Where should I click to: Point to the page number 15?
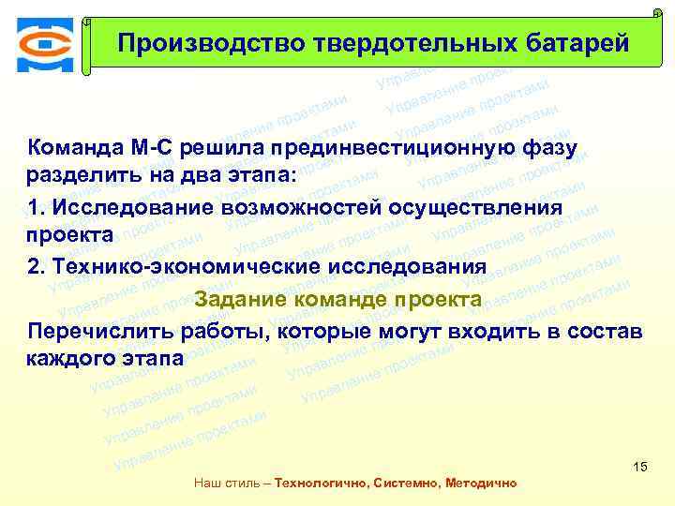[641, 467]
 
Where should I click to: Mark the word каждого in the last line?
[67, 360]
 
